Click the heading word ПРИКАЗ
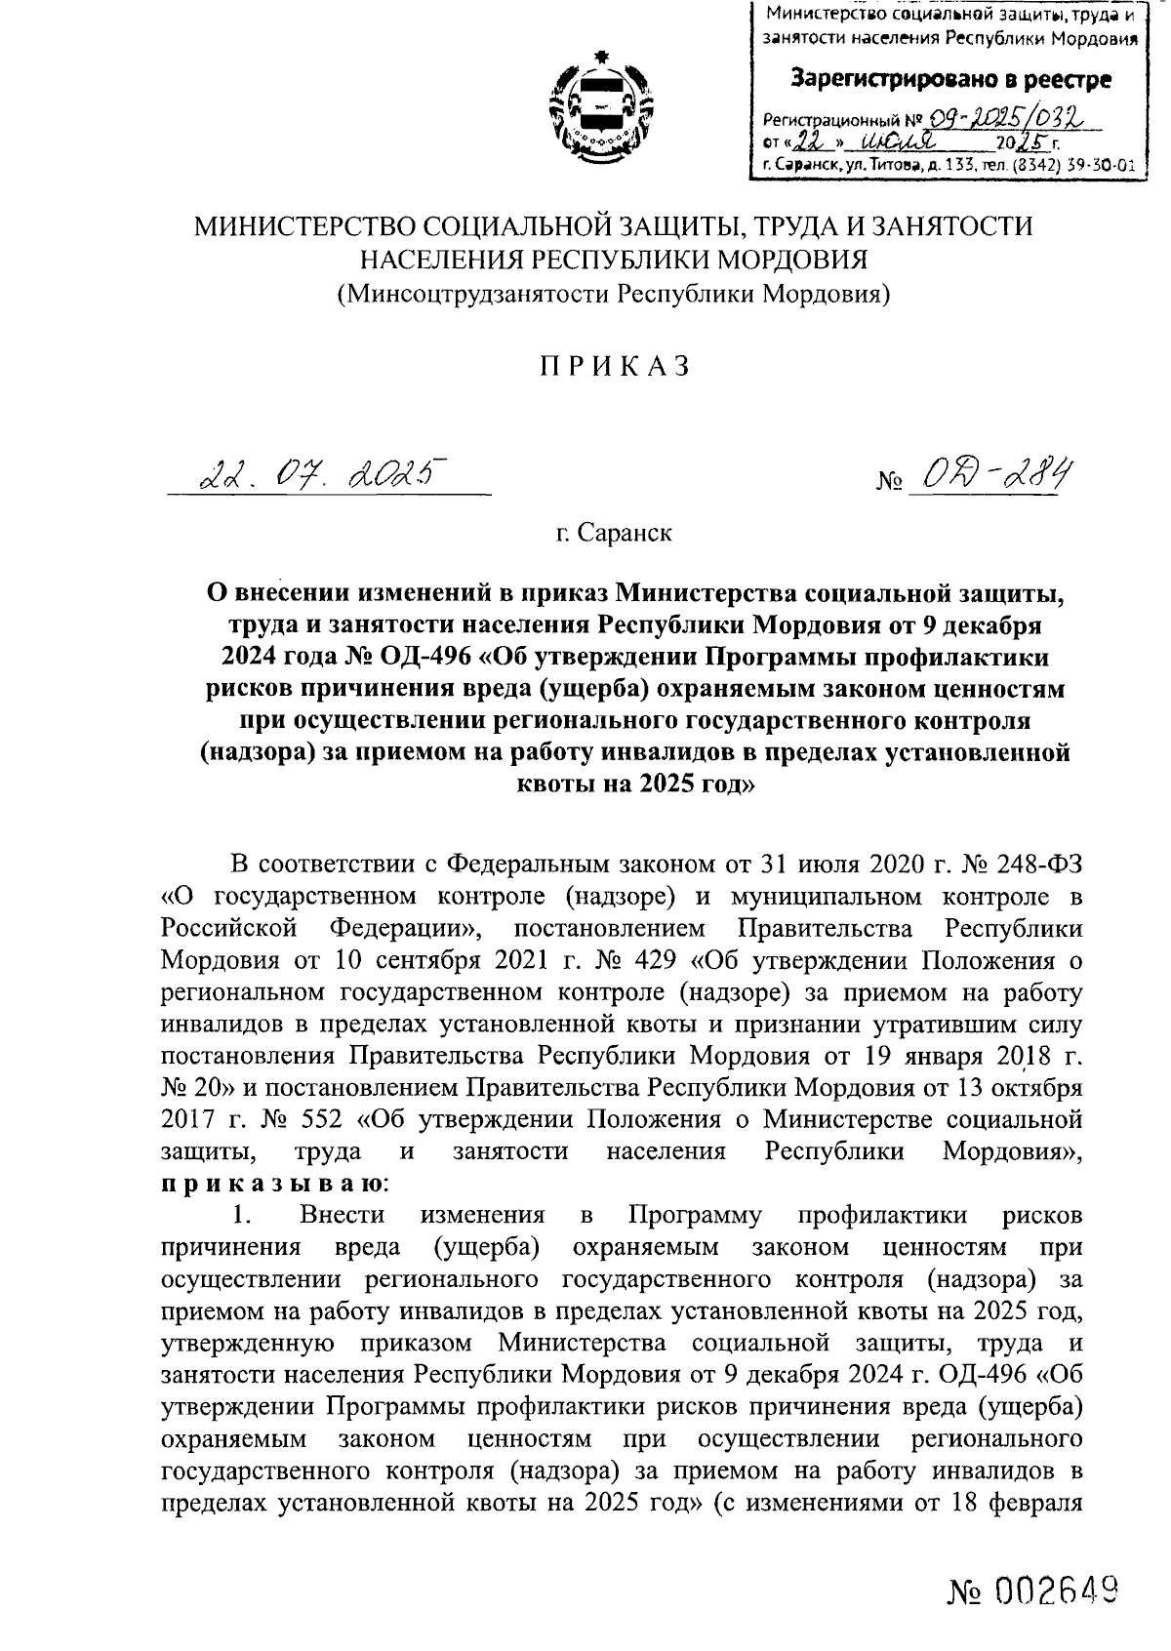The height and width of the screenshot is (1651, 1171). tap(617, 366)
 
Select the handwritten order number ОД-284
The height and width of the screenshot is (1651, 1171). tap(985, 476)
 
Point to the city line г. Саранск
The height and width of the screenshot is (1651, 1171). tap(613, 533)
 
